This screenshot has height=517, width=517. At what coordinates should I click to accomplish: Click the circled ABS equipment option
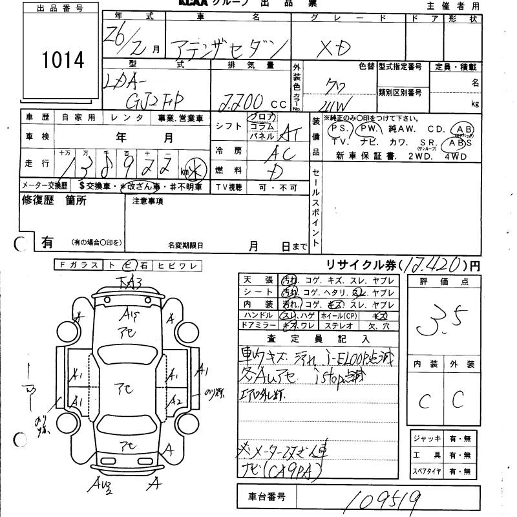(x=463, y=142)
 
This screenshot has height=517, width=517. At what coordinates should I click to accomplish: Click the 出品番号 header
(x=59, y=8)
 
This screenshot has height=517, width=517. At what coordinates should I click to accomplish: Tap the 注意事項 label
(x=147, y=201)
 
